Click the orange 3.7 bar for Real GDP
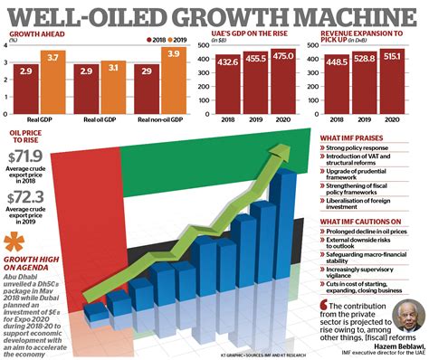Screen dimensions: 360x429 53,82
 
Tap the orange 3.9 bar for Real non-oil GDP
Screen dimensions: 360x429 169,81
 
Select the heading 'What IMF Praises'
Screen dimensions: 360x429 358,137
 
